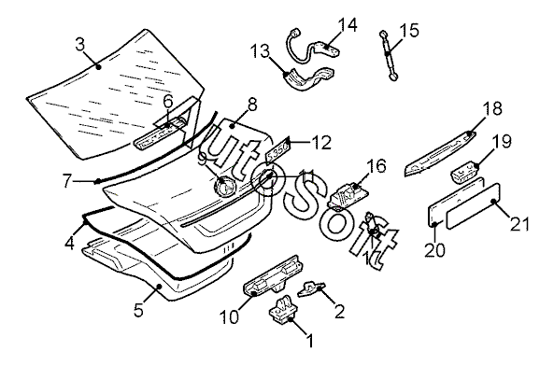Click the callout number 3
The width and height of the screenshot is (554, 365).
(x=80, y=45)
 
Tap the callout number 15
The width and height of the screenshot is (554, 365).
(x=409, y=31)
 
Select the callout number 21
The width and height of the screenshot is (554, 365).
(x=519, y=225)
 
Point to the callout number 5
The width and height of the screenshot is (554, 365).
(x=138, y=310)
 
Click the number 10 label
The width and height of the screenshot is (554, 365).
(x=229, y=317)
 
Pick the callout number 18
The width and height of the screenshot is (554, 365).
(x=492, y=108)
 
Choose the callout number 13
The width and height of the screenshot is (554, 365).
(x=260, y=52)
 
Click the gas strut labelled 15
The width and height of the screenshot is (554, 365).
(x=389, y=55)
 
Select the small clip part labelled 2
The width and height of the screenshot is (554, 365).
(x=311, y=288)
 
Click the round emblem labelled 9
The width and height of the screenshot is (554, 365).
(x=225, y=186)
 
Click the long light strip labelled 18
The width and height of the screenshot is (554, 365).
(x=440, y=153)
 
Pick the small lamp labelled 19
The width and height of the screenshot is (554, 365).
(x=465, y=172)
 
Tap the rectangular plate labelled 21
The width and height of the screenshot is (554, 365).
(x=474, y=205)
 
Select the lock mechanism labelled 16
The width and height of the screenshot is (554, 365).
(x=348, y=195)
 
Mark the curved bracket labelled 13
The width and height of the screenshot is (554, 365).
(x=307, y=79)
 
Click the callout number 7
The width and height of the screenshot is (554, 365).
(x=67, y=180)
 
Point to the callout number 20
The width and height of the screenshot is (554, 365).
(x=435, y=249)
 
